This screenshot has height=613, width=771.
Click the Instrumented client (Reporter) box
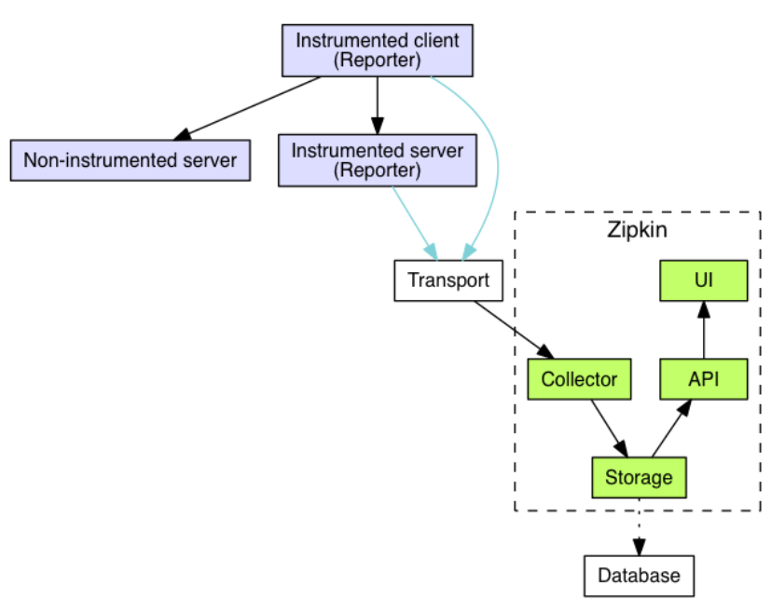[378, 50]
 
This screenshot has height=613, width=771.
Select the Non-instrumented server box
[131, 160]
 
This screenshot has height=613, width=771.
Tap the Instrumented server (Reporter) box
[378, 159]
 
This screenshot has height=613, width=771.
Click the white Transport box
[448, 280]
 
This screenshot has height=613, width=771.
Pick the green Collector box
[579, 379]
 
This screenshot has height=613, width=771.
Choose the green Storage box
[639, 478]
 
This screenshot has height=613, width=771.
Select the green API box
[704, 379]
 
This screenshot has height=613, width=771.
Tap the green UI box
[704, 280]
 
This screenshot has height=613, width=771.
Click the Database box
[639, 575]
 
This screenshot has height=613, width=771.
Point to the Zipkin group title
[638, 229]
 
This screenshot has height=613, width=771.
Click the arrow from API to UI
[704, 330]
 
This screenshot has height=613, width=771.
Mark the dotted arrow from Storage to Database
[639, 527]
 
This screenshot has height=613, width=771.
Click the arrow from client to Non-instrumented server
[252, 105]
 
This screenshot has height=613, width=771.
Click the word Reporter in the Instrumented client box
[378, 61]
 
